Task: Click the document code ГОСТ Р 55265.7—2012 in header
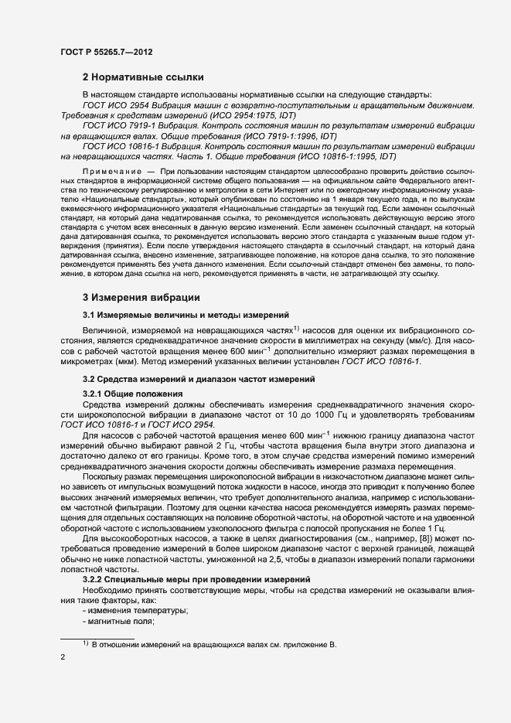click(x=106, y=50)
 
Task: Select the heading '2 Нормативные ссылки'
click(x=143, y=77)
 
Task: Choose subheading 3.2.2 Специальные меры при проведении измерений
click(x=196, y=579)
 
